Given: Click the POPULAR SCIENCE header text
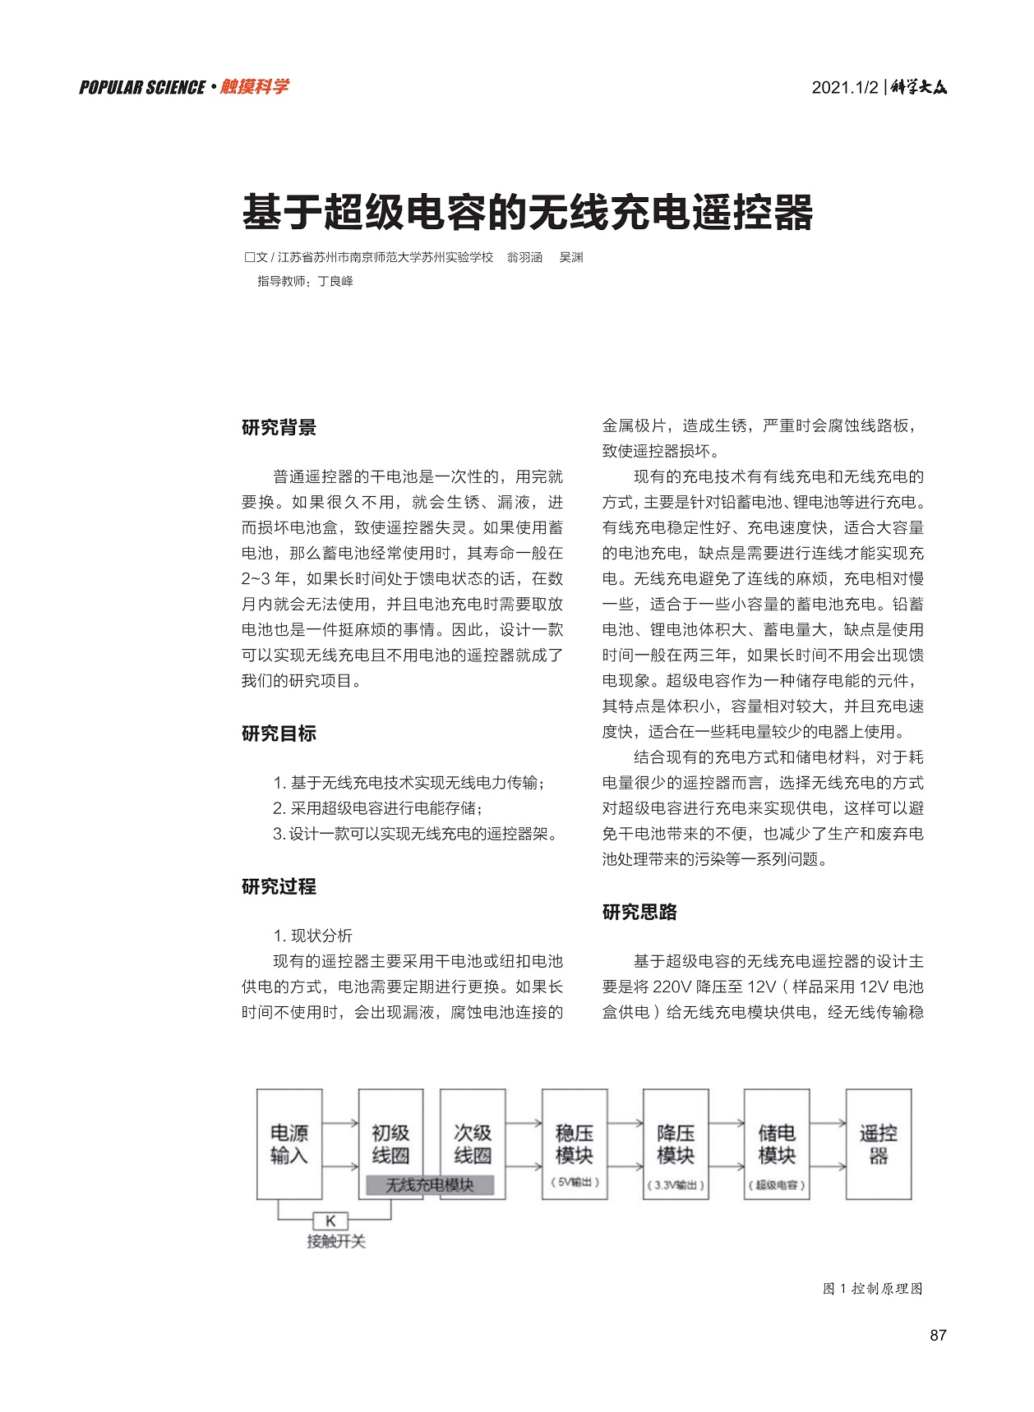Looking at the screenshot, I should pyautogui.click(x=142, y=87).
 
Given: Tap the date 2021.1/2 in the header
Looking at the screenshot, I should pyautogui.click(x=845, y=87).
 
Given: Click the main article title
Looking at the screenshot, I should pyautogui.click(x=527, y=213).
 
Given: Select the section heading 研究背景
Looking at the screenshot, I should pyautogui.click(x=279, y=427).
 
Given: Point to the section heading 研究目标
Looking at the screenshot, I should pyautogui.click(x=279, y=734).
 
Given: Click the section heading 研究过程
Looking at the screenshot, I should pyautogui.click(x=279, y=886).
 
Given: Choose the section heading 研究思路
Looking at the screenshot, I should pyautogui.click(x=639, y=912).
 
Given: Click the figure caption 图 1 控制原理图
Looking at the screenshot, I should pyautogui.click(x=872, y=1288).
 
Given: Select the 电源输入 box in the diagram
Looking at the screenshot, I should pyautogui.click(x=289, y=1144).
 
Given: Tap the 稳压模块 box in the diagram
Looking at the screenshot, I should pyautogui.click(x=575, y=1144).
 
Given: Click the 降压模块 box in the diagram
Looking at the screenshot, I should pyautogui.click(x=676, y=1144).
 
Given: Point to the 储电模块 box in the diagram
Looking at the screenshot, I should pyautogui.click(x=777, y=1144).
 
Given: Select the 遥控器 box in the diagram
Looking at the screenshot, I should pyautogui.click(x=879, y=1144).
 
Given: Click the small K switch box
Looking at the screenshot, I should pyautogui.click(x=330, y=1221).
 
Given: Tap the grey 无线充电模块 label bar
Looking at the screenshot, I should pyautogui.click(x=430, y=1185).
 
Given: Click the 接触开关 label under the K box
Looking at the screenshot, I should pyautogui.click(x=336, y=1241).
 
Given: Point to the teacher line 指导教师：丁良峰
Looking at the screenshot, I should pyautogui.click(x=305, y=281).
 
